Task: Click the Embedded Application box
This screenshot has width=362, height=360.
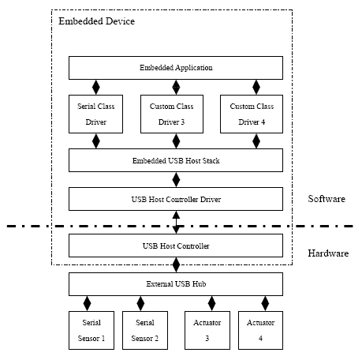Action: click(x=176, y=68)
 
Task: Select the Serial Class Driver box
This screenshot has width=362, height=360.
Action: click(x=95, y=114)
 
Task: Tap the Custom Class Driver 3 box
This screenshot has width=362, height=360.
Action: click(x=172, y=114)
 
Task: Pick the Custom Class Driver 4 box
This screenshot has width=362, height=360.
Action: click(x=252, y=114)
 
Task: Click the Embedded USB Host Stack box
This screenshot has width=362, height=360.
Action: click(x=176, y=160)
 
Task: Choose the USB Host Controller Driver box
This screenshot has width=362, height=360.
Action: click(x=176, y=199)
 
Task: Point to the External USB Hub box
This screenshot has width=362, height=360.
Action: click(x=176, y=284)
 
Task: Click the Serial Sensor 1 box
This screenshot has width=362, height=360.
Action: click(x=91, y=331)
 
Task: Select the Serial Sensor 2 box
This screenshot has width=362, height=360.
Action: click(x=145, y=331)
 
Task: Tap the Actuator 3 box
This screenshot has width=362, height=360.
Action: click(x=207, y=331)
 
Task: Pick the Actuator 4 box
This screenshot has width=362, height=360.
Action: click(x=260, y=331)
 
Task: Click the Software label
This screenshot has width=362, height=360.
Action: click(x=327, y=199)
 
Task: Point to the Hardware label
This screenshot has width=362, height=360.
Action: click(x=328, y=253)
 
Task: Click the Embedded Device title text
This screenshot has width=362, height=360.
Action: click(x=96, y=21)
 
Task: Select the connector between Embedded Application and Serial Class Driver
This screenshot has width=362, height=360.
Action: click(x=96, y=88)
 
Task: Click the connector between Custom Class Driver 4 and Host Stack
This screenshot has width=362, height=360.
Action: click(x=256, y=141)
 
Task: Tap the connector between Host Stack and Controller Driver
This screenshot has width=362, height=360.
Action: click(x=176, y=180)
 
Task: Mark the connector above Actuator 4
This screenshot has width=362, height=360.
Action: click(x=265, y=304)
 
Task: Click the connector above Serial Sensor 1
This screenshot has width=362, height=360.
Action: click(x=87, y=304)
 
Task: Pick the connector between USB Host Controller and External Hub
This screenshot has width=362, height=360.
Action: click(x=176, y=265)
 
